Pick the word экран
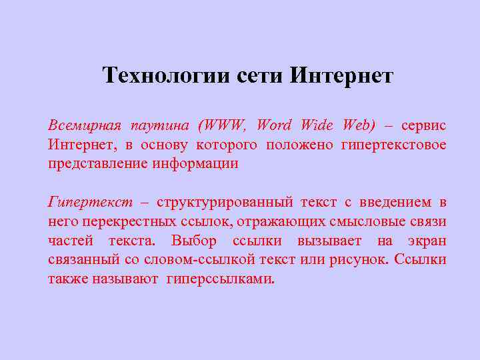[x=427, y=241]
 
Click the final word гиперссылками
[x=221, y=279]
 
